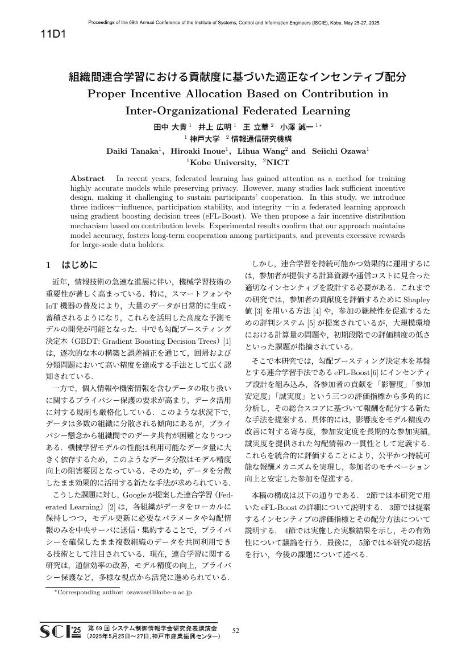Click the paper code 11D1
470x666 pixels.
pyautogui.click(x=54, y=34)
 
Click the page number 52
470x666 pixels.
pyautogui.click(x=236, y=630)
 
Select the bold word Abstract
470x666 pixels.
pyautogui.click(x=87, y=178)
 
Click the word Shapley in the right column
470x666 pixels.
pyautogui.click(x=418, y=299)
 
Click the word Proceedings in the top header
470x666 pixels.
pyautogui.click(x=103, y=23)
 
